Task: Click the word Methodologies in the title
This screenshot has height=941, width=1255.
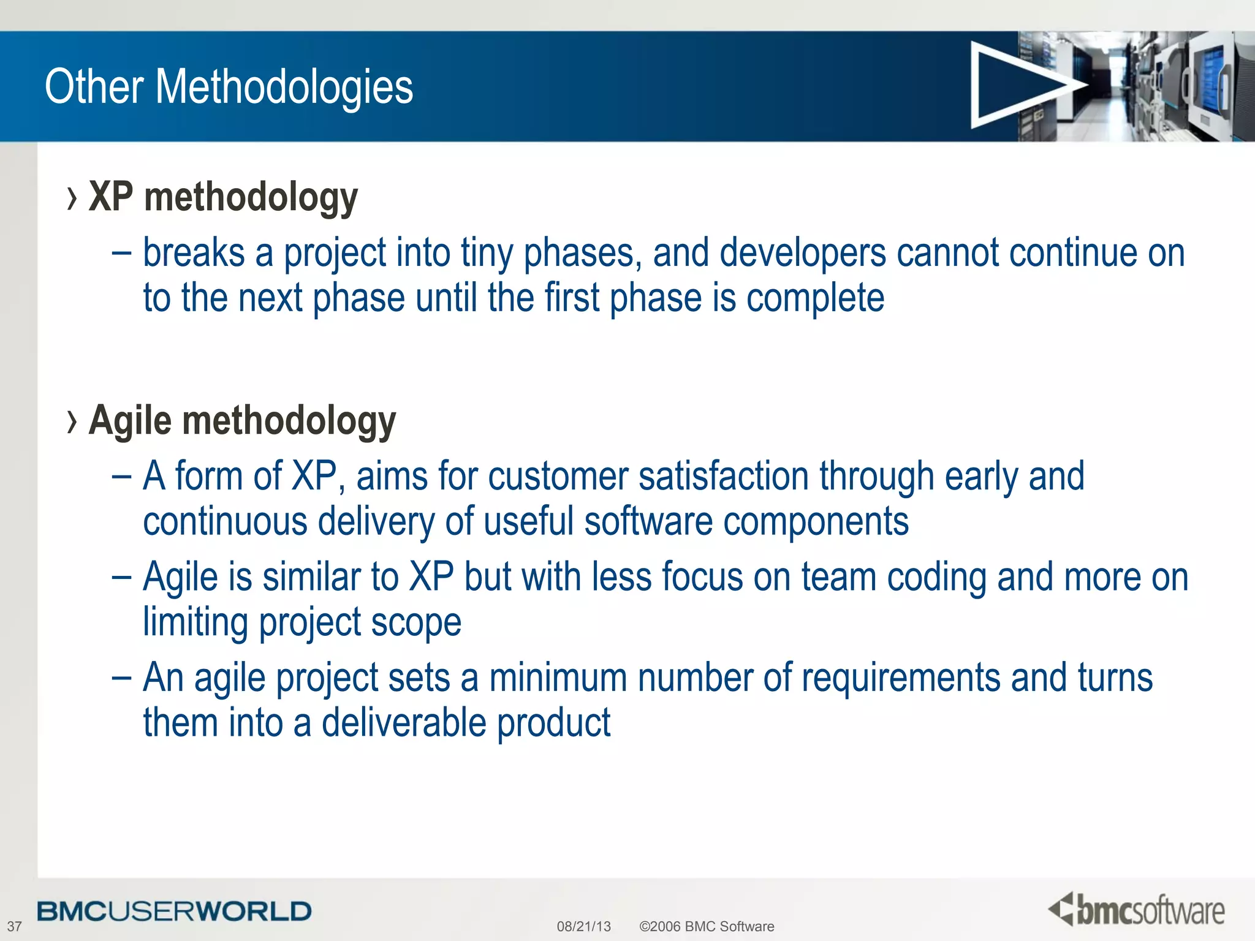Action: click(284, 87)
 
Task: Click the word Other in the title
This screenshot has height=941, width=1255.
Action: click(94, 87)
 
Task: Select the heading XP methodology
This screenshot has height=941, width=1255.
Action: click(223, 198)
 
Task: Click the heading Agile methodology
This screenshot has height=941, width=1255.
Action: click(242, 421)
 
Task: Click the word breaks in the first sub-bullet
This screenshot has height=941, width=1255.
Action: click(194, 253)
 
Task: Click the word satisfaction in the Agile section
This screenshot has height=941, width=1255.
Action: click(723, 477)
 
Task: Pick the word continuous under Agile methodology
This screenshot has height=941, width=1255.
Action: click(225, 522)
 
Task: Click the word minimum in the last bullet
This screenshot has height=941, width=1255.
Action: click(558, 678)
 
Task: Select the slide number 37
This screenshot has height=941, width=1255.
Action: click(14, 926)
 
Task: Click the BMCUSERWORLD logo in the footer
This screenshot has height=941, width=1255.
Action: click(174, 912)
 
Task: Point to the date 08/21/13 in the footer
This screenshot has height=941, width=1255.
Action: click(583, 926)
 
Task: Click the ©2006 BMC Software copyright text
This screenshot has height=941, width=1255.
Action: click(707, 926)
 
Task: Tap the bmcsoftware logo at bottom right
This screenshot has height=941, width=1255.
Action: click(1136, 910)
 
